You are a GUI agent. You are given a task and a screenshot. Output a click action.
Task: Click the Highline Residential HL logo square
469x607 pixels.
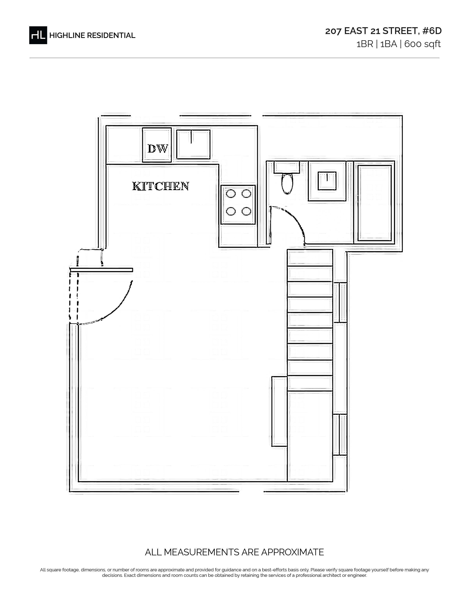point(38,35)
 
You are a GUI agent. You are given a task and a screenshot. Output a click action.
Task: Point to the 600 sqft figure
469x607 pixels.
point(422,44)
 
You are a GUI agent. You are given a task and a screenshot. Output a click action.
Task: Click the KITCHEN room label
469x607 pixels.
point(161,186)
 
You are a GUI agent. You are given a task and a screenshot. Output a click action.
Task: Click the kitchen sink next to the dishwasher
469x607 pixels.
point(193,144)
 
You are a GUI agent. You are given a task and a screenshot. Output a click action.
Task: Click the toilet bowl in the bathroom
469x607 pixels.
point(287,183)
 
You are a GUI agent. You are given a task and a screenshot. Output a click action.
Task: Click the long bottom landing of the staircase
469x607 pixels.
point(310,436)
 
